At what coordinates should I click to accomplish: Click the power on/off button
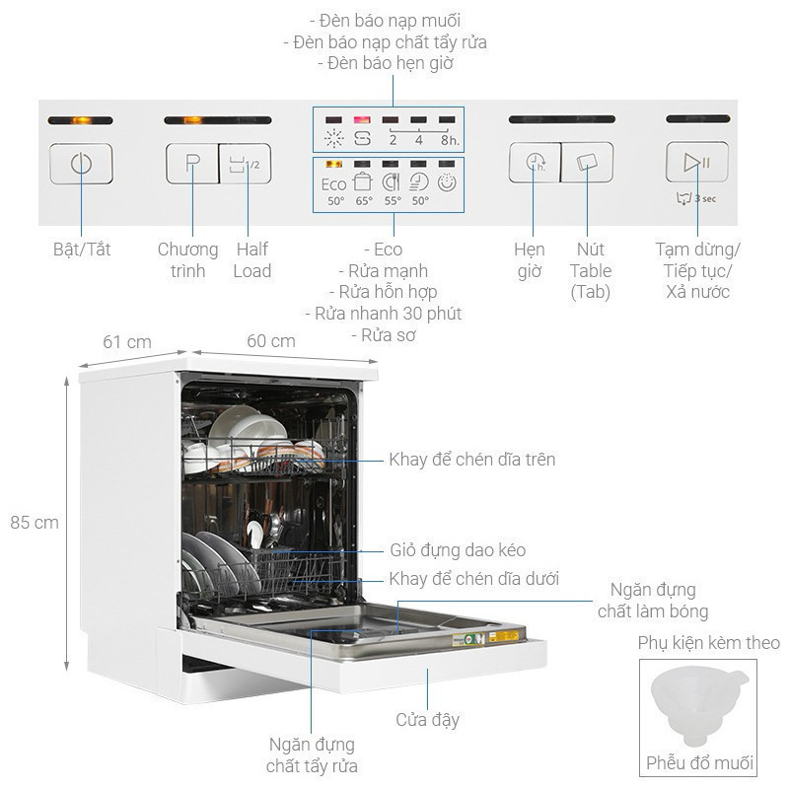pyautogui.click(x=81, y=164)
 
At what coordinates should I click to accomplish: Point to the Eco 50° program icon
pyautogui.click(x=334, y=187)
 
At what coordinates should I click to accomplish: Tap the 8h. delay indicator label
pyautogui.click(x=449, y=140)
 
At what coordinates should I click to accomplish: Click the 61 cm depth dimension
pyautogui.click(x=127, y=341)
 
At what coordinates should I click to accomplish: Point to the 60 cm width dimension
pyautogui.click(x=271, y=341)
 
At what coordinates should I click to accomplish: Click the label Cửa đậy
pyautogui.click(x=427, y=720)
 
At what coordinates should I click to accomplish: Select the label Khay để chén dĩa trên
pyautogui.click(x=471, y=460)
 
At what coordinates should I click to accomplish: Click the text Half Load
pyautogui.click(x=251, y=260)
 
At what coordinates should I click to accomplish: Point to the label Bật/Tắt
pyautogui.click(x=82, y=250)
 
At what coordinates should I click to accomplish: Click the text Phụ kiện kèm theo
pyautogui.click(x=708, y=643)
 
